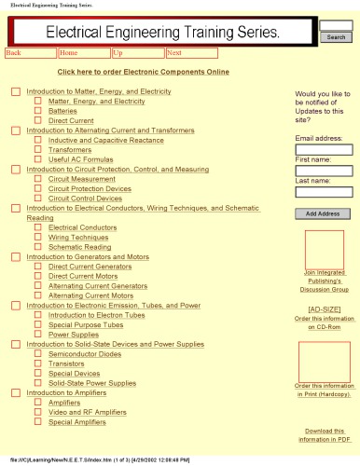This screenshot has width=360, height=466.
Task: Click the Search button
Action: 335,37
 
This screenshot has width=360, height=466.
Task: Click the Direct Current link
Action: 71,120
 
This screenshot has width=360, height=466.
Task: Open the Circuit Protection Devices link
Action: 87,188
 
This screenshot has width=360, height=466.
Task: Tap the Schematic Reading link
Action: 79,247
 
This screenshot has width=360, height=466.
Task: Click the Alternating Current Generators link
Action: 97,286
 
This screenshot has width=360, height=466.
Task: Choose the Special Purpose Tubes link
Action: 85,324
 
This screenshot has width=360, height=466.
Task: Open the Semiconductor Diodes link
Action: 84,354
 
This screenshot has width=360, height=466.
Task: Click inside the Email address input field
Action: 323,149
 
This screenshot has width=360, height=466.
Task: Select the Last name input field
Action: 323,192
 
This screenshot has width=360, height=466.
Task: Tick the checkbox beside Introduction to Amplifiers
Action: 16,393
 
